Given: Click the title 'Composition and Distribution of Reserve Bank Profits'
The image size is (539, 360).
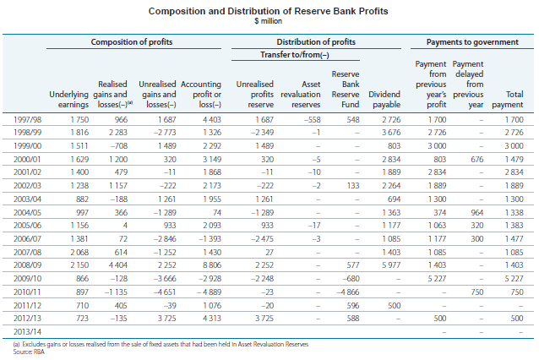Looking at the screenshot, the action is coord(268,11).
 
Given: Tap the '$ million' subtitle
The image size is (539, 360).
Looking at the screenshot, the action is coord(268,21).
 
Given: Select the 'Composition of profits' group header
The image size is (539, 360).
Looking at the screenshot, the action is coord(132,42).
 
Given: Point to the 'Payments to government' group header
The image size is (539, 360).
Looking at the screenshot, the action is coord(472,42).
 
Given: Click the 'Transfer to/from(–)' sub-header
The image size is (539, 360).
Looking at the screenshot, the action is coord(295,55).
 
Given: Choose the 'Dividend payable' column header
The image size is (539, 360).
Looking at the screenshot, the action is coord(384,100).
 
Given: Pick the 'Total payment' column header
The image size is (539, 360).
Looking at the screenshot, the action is coord(508,100).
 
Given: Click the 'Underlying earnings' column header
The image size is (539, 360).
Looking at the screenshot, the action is coord(68,100).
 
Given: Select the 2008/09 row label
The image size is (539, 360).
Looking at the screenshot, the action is coord(27,265).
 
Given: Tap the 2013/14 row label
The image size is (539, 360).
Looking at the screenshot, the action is coord(27,332).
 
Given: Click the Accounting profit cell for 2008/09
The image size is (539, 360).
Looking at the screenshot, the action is coord(212,265).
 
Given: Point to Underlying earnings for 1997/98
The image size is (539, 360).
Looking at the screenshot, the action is coord(79,120).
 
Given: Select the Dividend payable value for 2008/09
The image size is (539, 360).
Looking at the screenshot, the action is coord(391,265).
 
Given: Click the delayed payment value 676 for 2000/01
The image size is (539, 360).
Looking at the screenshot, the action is coord(477,159).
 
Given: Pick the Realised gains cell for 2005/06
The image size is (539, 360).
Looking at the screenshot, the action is coord(125,226).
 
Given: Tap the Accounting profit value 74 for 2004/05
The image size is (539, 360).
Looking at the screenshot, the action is coord(217,212).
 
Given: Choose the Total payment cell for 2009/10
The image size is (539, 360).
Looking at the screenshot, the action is coord(514,279).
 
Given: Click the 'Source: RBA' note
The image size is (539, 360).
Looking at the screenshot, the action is coord(29,352).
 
